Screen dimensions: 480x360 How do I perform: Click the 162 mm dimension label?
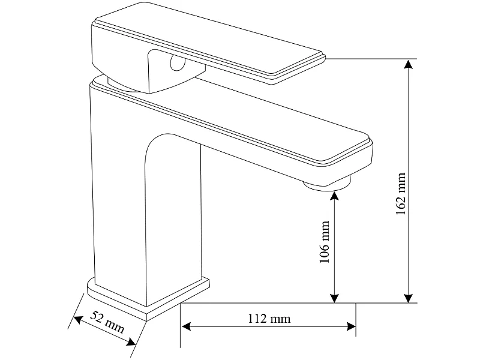[401, 193]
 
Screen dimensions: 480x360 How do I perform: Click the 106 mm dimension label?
[324, 242]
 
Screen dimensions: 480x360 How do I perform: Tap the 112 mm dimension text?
[269, 319]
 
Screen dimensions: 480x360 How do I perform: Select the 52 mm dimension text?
[107, 322]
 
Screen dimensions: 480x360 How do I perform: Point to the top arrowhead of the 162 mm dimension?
[408, 65]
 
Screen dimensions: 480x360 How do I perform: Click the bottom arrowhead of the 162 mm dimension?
[408, 298]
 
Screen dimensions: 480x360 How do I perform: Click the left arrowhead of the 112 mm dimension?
[187, 326]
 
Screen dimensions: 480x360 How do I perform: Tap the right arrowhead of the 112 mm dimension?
[351, 326]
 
